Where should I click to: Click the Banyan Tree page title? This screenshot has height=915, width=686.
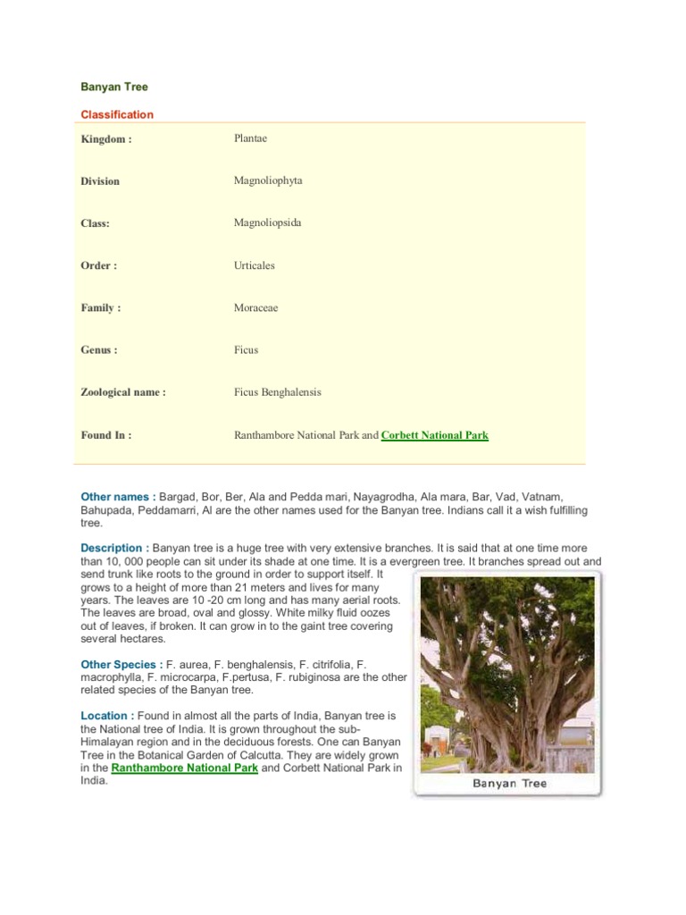(114, 88)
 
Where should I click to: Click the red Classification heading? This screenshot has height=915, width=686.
(117, 114)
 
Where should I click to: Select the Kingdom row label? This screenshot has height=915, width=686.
(106, 139)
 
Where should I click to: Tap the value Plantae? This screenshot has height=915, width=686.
(251, 139)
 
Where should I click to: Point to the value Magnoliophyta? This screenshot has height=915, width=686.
(268, 180)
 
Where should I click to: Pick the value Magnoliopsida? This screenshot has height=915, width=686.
(267, 222)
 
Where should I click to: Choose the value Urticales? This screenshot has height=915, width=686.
(255, 265)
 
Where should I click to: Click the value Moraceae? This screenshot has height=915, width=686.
(256, 307)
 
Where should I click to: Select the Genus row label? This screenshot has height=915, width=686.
(99, 350)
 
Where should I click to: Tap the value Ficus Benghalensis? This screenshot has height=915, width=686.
(278, 392)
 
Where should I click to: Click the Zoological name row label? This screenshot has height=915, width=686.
(123, 392)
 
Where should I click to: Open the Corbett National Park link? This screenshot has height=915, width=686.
(435, 435)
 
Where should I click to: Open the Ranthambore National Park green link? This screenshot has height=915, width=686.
(185, 768)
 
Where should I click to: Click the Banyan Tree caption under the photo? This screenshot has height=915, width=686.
(509, 784)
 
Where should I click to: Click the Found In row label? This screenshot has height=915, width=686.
(106, 435)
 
